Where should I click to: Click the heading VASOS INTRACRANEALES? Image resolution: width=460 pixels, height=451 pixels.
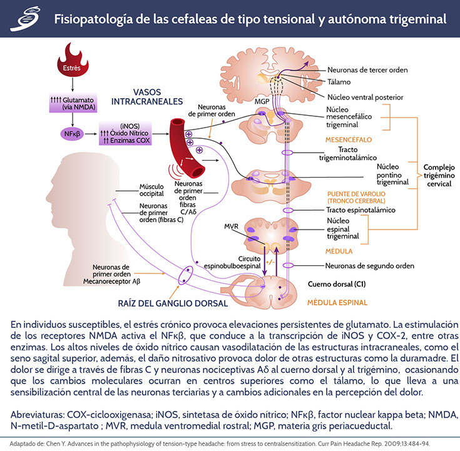[x=147, y=96]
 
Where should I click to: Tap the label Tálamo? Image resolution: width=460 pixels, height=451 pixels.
[x=340, y=82]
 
